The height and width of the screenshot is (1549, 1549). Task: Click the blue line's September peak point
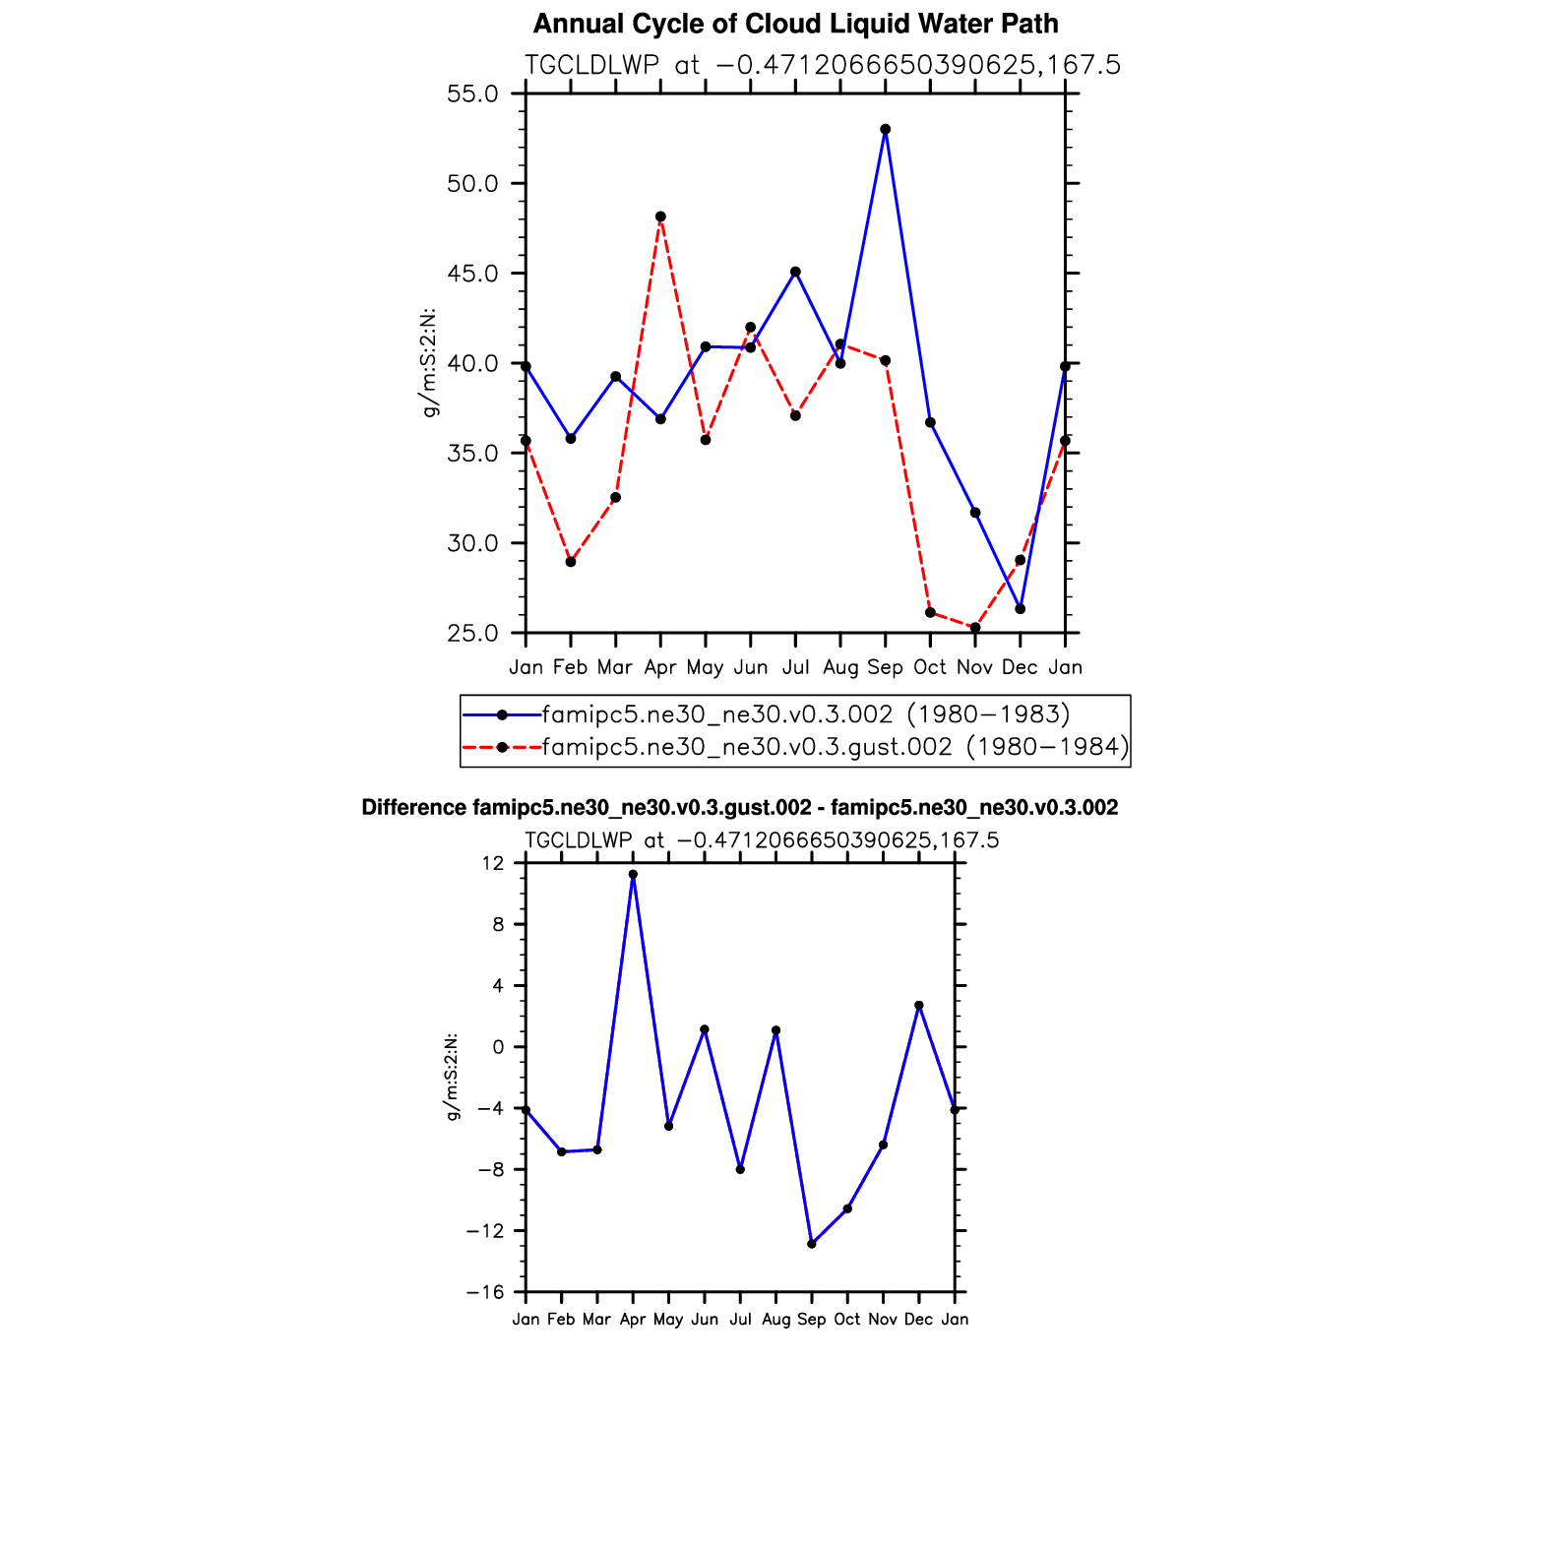[x=886, y=129]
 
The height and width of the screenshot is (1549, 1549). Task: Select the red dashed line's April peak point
[x=660, y=217]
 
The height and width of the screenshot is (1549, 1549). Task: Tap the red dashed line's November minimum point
[x=975, y=628]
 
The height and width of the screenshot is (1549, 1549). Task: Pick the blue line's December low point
[x=1021, y=609]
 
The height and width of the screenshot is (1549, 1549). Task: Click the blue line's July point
[x=795, y=272]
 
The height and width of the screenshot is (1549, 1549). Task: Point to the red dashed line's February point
[x=571, y=562]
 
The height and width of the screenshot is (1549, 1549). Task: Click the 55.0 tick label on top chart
[x=472, y=94]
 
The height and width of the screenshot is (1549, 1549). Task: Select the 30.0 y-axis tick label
[x=472, y=543]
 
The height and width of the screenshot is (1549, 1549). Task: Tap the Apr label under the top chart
[x=660, y=667]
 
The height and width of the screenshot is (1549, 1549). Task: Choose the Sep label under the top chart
[x=886, y=667]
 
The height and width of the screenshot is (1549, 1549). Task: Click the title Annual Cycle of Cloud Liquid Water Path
[x=795, y=24]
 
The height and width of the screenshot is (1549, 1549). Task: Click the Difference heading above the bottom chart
[x=739, y=808]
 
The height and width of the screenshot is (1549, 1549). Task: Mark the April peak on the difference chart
[x=633, y=874]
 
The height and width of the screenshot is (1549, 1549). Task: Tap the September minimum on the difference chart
[x=812, y=1244]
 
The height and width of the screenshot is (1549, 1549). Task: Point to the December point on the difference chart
[x=919, y=1006]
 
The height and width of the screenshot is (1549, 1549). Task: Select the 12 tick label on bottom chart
[x=493, y=863]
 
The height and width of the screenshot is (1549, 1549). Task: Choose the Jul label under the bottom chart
[x=740, y=1320]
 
